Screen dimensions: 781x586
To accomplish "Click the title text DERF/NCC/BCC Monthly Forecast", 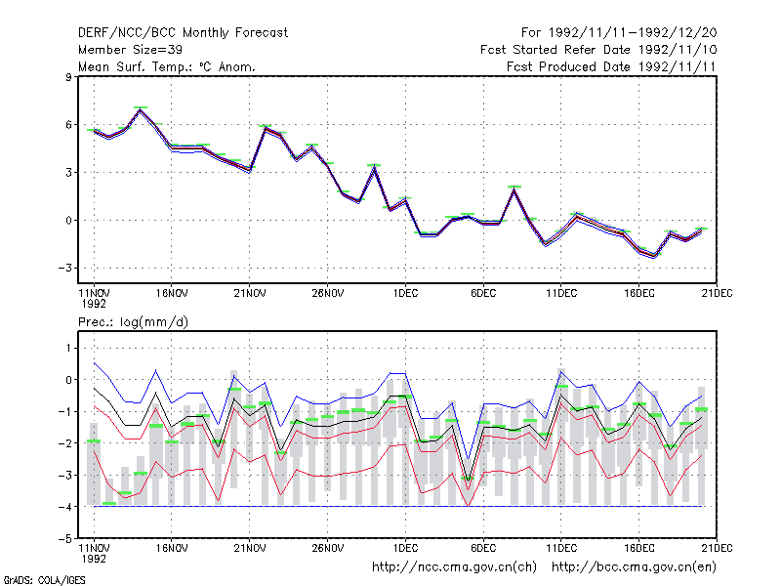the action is (x=183, y=33).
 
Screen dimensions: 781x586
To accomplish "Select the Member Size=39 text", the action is (x=130, y=50).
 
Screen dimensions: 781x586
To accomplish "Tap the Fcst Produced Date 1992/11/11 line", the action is (x=611, y=66).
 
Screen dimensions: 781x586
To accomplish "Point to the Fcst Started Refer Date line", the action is (x=598, y=50).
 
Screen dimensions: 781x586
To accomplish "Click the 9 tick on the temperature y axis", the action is (x=68, y=77).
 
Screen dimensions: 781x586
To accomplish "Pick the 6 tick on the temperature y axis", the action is (x=68, y=125).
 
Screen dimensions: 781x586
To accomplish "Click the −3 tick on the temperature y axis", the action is (x=65, y=268).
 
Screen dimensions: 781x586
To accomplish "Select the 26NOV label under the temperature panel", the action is (x=328, y=294).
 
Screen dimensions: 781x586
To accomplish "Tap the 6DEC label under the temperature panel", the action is (x=483, y=294).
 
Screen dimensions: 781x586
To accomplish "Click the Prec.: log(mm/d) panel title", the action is (x=133, y=322).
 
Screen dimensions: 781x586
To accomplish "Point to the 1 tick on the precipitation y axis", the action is (x=68, y=348).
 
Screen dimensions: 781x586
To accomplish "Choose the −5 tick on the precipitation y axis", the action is (x=65, y=539).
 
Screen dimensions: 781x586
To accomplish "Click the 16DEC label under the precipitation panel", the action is (x=639, y=548).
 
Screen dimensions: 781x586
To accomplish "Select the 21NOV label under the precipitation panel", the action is (x=250, y=548).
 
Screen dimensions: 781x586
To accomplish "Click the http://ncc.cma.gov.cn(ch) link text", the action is (x=454, y=567).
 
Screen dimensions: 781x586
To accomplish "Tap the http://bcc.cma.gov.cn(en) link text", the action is (x=634, y=567).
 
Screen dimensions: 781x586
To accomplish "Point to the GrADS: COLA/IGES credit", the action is (x=45, y=580).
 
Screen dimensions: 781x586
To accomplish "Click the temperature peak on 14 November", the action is (x=141, y=109).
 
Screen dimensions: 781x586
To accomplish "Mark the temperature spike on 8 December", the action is (x=514, y=188).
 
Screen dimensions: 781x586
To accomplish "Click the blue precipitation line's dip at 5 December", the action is (x=468, y=458).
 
